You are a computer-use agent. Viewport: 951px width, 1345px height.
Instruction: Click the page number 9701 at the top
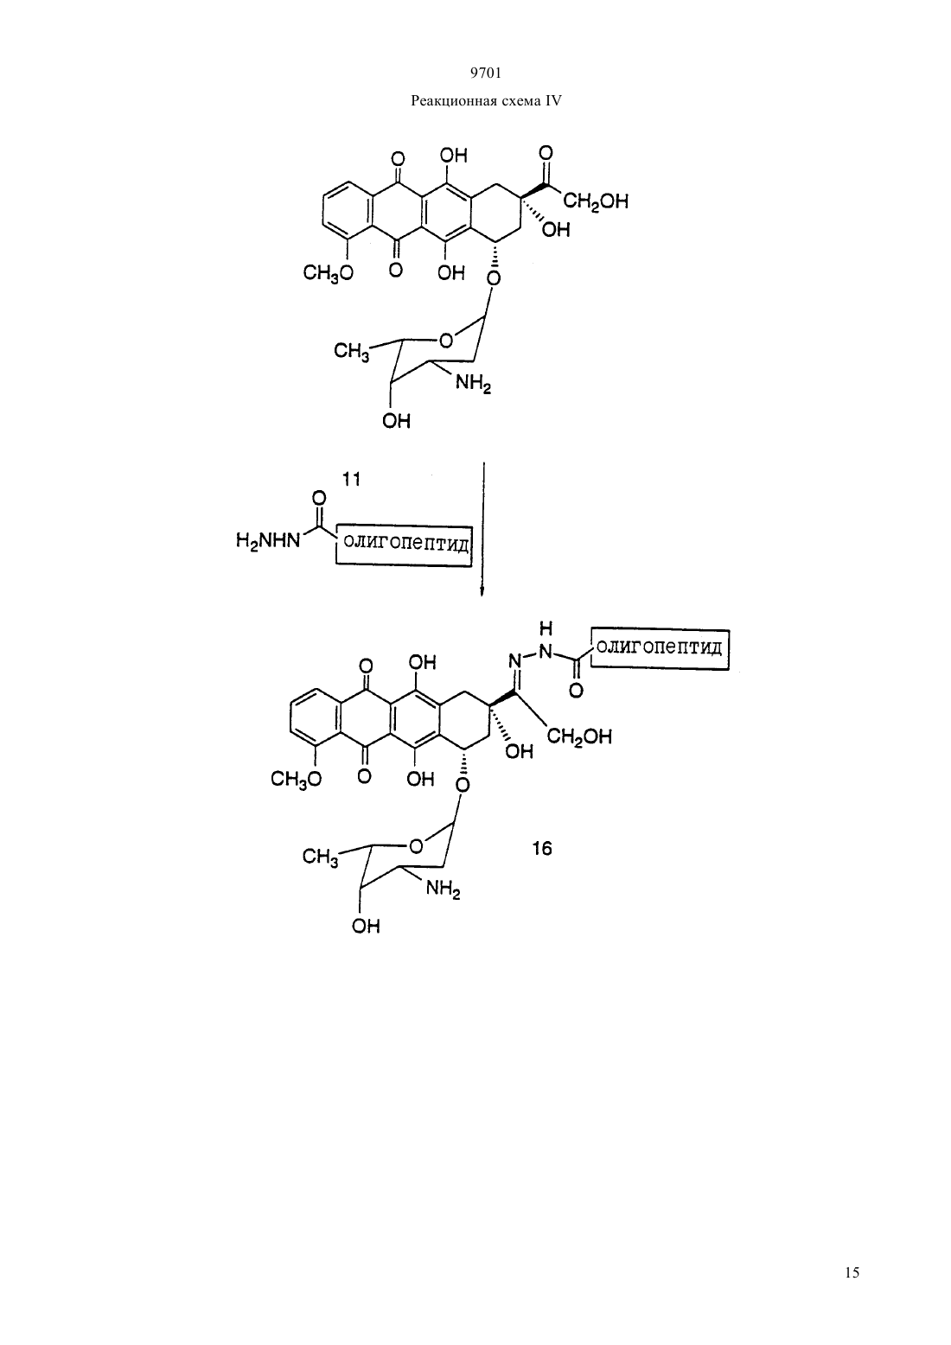(485, 73)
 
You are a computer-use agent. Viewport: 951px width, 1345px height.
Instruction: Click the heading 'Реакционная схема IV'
(486, 101)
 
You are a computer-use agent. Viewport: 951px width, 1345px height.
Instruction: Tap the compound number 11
(351, 479)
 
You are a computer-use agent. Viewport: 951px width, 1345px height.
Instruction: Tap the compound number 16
(541, 849)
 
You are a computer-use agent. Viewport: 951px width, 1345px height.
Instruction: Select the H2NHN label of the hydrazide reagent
(268, 541)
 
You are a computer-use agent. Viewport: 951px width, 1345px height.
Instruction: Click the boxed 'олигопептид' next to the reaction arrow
(404, 544)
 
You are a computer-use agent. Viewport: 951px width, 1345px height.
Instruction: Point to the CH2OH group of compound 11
(596, 201)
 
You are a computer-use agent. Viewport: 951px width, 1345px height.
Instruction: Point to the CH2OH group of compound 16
(579, 737)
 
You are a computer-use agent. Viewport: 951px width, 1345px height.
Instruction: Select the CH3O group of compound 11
(328, 274)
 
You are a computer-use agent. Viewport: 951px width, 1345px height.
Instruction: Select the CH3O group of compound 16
(296, 779)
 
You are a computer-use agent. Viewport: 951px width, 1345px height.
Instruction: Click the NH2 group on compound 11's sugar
(474, 383)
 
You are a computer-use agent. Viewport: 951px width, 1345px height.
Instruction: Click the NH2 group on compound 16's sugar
(443, 889)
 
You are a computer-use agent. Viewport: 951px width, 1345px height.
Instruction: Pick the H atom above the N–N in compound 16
(546, 628)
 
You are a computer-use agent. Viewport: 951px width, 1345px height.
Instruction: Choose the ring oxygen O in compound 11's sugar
(445, 341)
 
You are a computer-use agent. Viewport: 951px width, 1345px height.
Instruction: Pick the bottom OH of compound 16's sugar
(366, 926)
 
